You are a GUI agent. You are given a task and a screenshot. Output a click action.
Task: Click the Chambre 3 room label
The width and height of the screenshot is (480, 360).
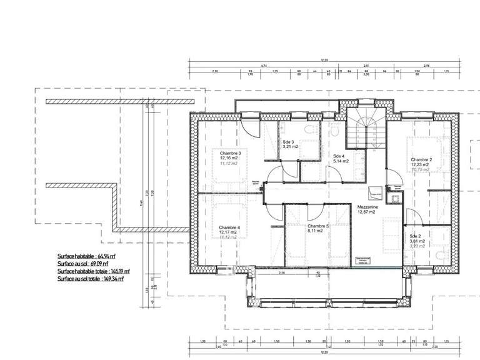coord(230,152)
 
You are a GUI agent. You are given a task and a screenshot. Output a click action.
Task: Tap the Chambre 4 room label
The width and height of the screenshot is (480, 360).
coord(230,227)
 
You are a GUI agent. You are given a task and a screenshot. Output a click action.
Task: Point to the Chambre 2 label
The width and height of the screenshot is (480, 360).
coord(422,160)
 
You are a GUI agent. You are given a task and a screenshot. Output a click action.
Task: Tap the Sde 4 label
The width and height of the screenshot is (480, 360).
coord(338,156)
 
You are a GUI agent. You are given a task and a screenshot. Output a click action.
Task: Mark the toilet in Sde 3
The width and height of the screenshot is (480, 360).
coord(307,129)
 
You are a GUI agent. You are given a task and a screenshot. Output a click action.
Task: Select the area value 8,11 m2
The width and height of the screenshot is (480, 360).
coord(315,231)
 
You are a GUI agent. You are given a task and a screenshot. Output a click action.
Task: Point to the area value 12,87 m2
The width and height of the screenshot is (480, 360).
coord(366,212)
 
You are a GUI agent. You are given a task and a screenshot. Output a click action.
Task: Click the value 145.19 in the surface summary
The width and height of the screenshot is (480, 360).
coord(114,272)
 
